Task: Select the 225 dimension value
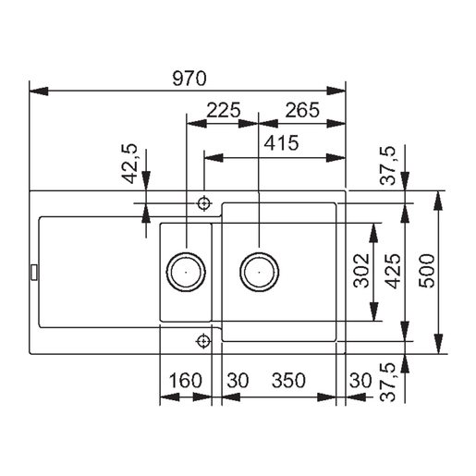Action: click(223, 110)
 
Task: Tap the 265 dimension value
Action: click(300, 110)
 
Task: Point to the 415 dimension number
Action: click(280, 143)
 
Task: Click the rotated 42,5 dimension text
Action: click(130, 163)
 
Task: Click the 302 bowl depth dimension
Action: click(362, 271)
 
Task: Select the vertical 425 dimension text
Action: click(393, 271)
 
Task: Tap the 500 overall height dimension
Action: click(426, 271)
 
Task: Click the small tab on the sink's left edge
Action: click(34, 271)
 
